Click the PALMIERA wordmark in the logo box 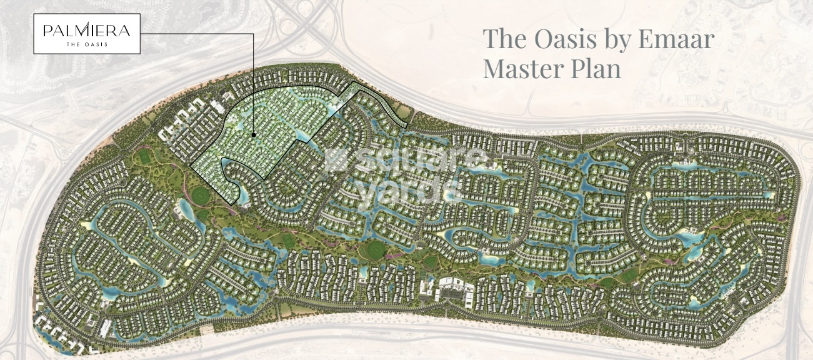point(86,30)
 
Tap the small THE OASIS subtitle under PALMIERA point(86,44)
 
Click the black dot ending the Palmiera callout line point(253,134)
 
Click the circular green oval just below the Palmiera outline point(202,196)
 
